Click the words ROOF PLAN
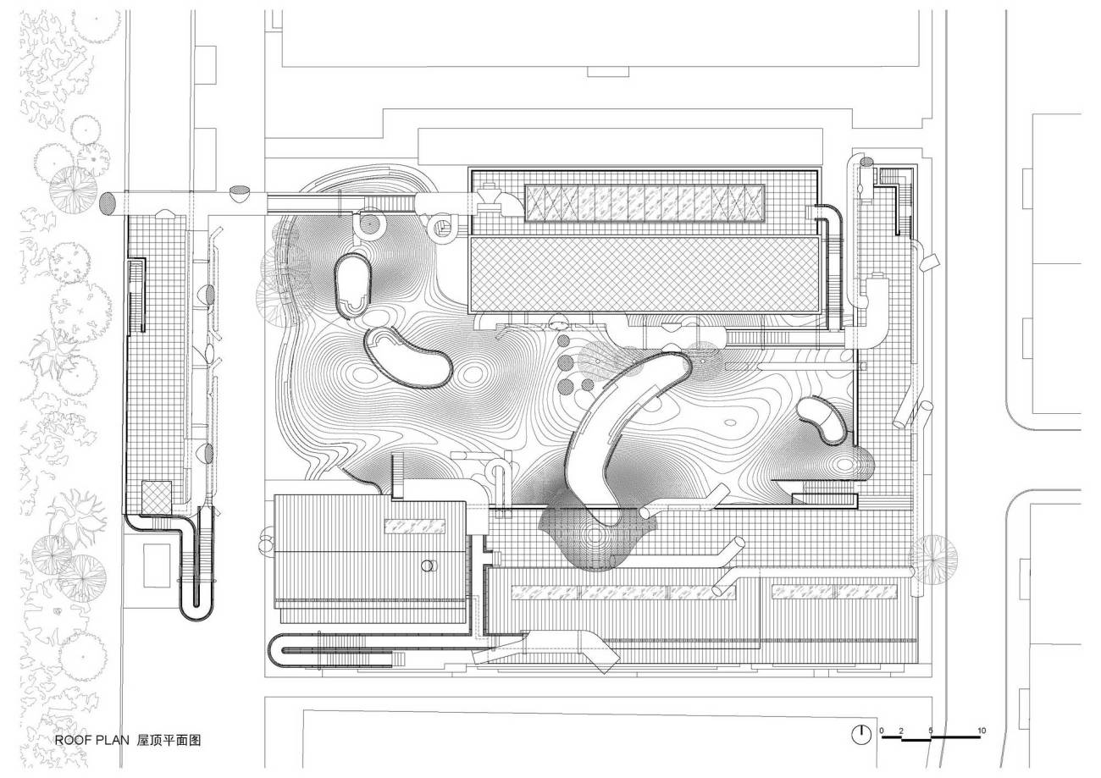click(91, 740)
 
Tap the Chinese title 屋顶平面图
click(169, 740)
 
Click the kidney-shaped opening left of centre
click(407, 356)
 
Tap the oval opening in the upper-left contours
click(351, 286)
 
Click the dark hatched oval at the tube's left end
click(108, 203)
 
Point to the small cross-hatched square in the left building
click(157, 497)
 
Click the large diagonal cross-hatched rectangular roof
click(645, 274)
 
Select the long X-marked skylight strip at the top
click(645, 203)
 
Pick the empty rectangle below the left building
click(157, 565)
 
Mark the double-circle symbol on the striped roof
click(429, 566)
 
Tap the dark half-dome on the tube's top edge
click(241, 192)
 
